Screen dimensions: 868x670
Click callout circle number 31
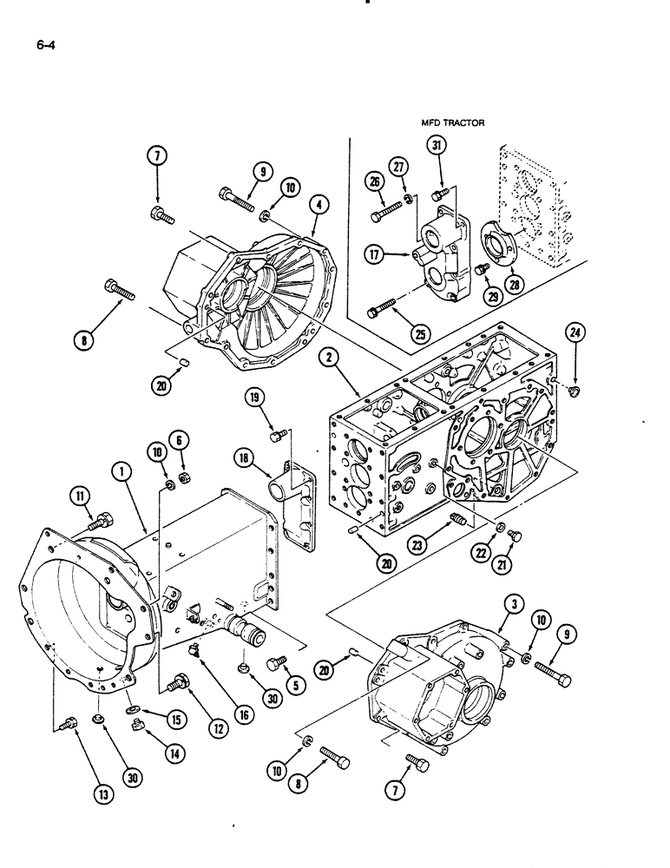tap(437, 147)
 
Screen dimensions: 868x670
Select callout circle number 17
tap(375, 255)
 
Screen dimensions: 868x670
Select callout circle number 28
tap(515, 286)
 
